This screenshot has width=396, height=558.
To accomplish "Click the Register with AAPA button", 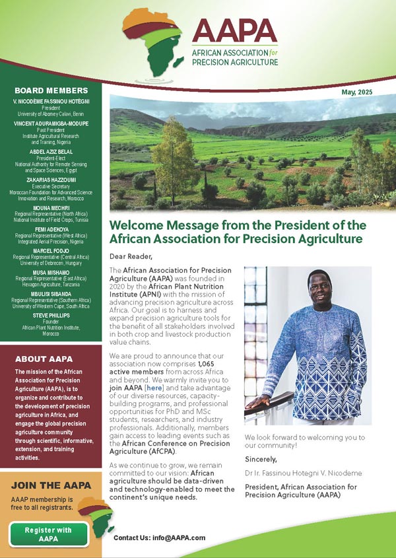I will [x=48, y=534].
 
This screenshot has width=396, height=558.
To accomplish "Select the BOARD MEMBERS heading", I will [x=51, y=90].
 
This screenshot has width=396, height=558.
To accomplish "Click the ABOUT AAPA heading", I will [x=40, y=359].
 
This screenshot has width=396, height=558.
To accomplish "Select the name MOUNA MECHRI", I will [x=51, y=206].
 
